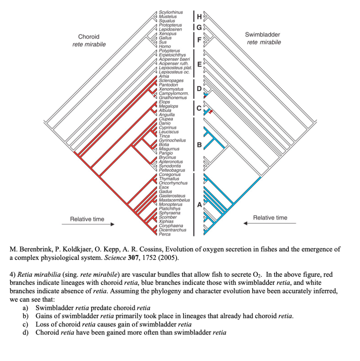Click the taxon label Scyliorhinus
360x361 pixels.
click(171, 12)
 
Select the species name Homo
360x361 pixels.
click(165, 47)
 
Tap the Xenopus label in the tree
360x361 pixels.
click(167, 34)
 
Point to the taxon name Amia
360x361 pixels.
click(164, 76)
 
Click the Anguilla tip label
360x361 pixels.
click(167, 115)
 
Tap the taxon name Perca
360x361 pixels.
click(165, 234)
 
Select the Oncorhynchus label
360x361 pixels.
click(173, 183)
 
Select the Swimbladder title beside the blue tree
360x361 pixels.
click(262, 35)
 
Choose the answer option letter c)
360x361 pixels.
click(26, 324)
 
